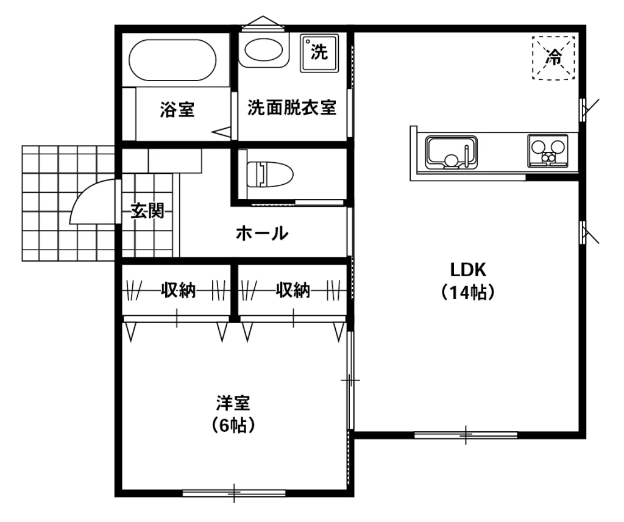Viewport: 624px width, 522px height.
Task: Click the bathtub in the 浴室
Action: pyautogui.click(x=172, y=60)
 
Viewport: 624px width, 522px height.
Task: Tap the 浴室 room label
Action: pyautogui.click(x=177, y=110)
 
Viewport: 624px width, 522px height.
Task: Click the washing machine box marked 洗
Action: pyautogui.click(x=319, y=52)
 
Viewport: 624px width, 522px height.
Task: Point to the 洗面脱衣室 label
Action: pyautogui.click(x=292, y=108)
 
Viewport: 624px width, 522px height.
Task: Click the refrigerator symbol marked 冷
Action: pyautogui.click(x=554, y=57)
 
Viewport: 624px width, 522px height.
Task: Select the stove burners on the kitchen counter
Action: pyautogui.click(x=547, y=150)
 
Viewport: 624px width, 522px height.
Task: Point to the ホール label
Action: pyautogui.click(x=261, y=233)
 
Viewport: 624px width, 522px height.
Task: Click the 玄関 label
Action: pyautogui.click(x=147, y=211)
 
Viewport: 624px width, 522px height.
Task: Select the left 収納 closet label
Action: pyautogui.click(x=178, y=291)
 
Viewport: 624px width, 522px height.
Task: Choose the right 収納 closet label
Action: pyautogui.click(x=293, y=291)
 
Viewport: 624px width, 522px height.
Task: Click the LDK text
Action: pyautogui.click(x=467, y=269)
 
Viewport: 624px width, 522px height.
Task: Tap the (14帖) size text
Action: pyautogui.click(x=467, y=292)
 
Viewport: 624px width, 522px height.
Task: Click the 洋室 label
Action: pyautogui.click(x=233, y=403)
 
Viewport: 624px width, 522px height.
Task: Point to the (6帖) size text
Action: pyautogui.click(x=233, y=426)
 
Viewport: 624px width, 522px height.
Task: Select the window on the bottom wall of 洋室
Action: pyautogui.click(x=234, y=492)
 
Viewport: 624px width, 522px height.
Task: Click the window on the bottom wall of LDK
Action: pyautogui.click(x=466, y=435)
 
